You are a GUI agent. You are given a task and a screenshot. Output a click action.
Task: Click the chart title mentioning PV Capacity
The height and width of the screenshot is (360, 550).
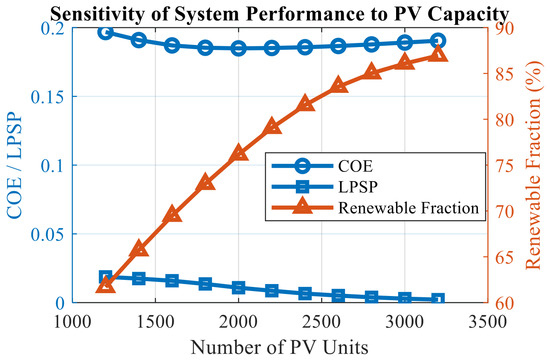[x=279, y=14]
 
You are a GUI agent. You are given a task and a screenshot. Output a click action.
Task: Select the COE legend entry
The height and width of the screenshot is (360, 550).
[x=355, y=166]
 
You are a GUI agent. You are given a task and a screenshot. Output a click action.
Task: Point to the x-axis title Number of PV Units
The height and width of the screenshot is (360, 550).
[x=280, y=347]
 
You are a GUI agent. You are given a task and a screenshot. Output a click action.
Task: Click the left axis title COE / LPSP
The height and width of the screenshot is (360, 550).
[x=14, y=165]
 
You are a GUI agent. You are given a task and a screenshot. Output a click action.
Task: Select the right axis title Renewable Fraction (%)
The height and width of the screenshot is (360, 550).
[x=533, y=165]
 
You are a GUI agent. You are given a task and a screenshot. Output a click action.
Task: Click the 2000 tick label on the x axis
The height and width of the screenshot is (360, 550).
[x=239, y=321]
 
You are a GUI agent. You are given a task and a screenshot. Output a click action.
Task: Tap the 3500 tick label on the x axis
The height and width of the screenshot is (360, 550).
[x=488, y=321]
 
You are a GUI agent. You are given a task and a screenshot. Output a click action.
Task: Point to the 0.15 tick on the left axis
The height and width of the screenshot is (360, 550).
[x=49, y=96]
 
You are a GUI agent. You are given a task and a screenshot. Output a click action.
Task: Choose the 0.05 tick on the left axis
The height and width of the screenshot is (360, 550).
[x=49, y=234]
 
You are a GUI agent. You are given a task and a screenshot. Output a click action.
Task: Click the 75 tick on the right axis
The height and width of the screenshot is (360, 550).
[x=502, y=165]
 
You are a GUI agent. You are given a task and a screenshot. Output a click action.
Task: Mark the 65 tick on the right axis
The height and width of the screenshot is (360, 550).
[x=502, y=257]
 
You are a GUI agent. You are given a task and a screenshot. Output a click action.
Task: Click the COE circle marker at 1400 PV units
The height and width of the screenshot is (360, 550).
[x=139, y=40]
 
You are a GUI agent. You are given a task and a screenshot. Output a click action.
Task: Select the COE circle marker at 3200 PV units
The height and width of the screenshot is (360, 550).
[x=438, y=41]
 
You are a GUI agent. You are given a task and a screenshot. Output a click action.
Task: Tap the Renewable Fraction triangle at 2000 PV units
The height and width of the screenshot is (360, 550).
[x=239, y=152]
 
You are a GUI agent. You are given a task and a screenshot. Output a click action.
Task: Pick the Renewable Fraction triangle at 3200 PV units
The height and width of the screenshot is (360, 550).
[x=438, y=54]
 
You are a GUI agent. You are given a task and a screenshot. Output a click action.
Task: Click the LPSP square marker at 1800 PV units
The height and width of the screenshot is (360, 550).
[x=205, y=284]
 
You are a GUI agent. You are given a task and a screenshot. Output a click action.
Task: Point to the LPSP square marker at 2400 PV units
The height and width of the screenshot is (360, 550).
[x=305, y=293]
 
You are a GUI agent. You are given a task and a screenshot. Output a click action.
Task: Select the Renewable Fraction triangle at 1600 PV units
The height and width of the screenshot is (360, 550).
[x=172, y=214]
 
